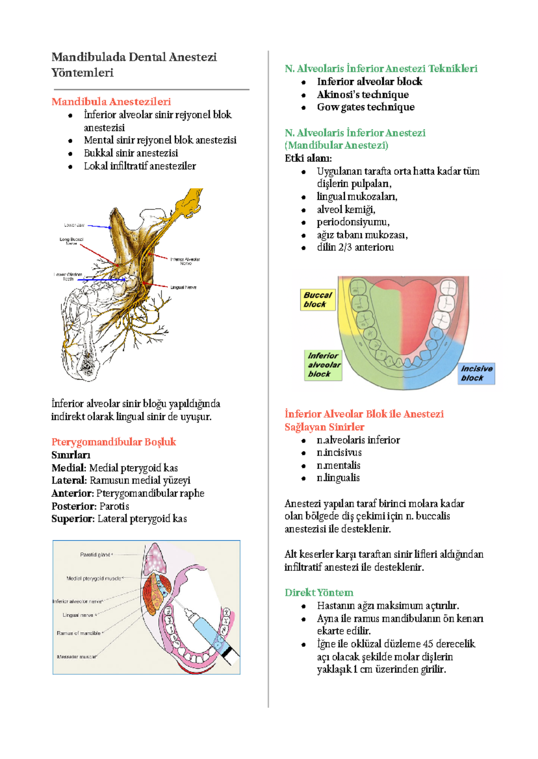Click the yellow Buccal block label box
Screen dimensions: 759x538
coord(317,300)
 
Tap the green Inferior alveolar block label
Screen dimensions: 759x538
coord(323,365)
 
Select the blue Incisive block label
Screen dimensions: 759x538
coord(476,373)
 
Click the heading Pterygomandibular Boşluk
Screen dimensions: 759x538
coord(113,442)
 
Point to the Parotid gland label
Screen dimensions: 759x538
coord(95,555)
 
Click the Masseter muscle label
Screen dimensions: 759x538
coord(76,656)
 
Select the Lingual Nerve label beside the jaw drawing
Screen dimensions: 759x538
coord(183,287)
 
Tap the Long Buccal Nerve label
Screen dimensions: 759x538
coord(71,241)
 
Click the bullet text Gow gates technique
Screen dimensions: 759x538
coord(365,107)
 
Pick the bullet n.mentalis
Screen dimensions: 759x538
coord(338,465)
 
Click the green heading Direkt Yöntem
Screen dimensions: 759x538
coord(319,592)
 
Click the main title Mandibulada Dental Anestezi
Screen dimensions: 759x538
coord(134,57)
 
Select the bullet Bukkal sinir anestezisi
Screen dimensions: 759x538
coord(131,153)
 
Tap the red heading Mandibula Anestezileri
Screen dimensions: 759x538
coord(111,101)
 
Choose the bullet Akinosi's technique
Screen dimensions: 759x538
coord(363,95)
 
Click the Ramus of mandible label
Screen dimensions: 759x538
coord(78,633)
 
